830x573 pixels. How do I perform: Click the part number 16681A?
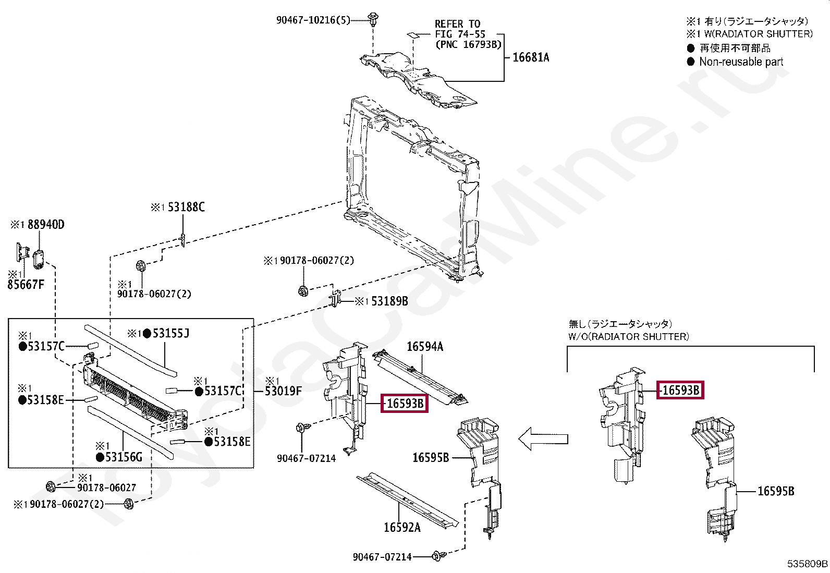[531, 57]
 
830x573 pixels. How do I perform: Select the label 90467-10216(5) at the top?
[313, 20]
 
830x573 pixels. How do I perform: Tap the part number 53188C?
[186, 207]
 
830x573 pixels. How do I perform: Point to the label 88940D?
[46, 225]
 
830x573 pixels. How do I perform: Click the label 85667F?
[26, 285]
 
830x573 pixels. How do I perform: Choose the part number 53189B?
[389, 301]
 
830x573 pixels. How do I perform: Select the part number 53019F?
[283, 391]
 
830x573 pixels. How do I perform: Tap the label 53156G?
[124, 457]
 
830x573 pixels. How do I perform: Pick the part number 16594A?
[425, 347]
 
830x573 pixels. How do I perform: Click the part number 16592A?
[402, 528]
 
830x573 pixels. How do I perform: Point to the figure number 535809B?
[807, 564]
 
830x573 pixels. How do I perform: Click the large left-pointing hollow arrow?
[543, 439]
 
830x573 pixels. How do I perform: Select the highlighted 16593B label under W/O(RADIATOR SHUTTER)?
[680, 390]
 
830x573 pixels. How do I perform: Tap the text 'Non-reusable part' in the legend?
[741, 62]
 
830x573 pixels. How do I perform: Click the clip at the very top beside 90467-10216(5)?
[373, 19]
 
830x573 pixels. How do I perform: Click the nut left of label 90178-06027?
[51, 487]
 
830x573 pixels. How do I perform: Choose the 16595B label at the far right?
[776, 491]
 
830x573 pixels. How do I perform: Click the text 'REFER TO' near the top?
[457, 24]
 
